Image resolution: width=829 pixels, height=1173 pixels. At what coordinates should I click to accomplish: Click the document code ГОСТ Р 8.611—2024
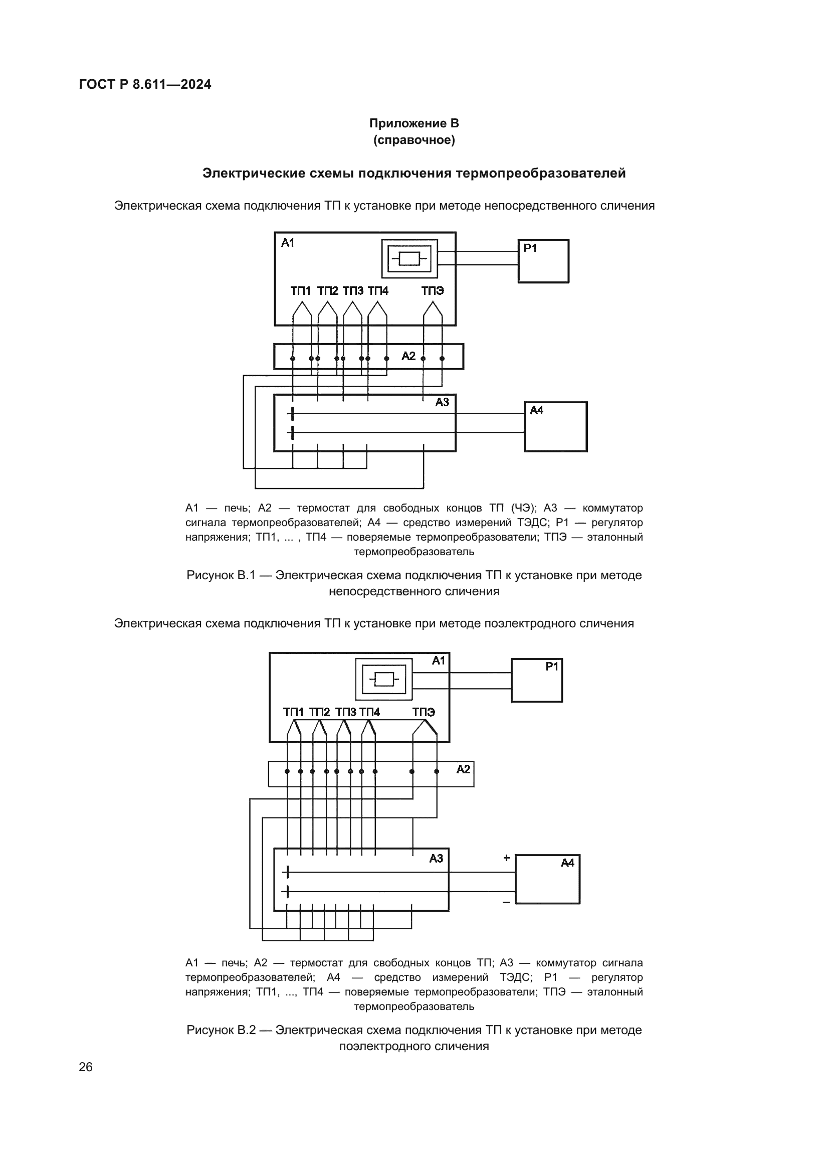(145, 85)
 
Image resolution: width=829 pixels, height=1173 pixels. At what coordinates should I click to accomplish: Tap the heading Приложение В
(414, 124)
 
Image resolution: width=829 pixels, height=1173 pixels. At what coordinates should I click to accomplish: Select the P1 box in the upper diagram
(543, 262)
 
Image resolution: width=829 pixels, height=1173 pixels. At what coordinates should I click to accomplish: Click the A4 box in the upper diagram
(555, 427)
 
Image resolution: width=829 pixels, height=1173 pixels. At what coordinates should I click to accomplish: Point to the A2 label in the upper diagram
(408, 356)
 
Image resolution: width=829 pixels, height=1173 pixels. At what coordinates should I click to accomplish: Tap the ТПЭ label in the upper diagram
(433, 291)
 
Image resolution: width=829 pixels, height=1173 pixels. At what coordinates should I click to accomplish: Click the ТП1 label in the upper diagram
(301, 291)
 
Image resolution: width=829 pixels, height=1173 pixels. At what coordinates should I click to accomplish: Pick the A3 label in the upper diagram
(442, 403)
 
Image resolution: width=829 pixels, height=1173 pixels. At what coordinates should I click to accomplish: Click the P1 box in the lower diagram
(536, 681)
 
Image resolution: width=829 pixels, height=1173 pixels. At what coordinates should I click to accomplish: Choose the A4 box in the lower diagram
(547, 879)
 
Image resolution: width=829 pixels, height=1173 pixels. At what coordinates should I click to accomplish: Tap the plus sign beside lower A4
(506, 858)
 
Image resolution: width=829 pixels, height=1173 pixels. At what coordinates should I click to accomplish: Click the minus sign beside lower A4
(506, 903)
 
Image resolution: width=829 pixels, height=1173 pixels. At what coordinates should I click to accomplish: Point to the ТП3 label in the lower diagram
(346, 712)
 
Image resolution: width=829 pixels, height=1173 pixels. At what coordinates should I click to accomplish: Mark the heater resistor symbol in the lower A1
(384, 680)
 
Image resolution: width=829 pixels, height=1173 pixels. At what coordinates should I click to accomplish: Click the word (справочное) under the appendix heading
(414, 140)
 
